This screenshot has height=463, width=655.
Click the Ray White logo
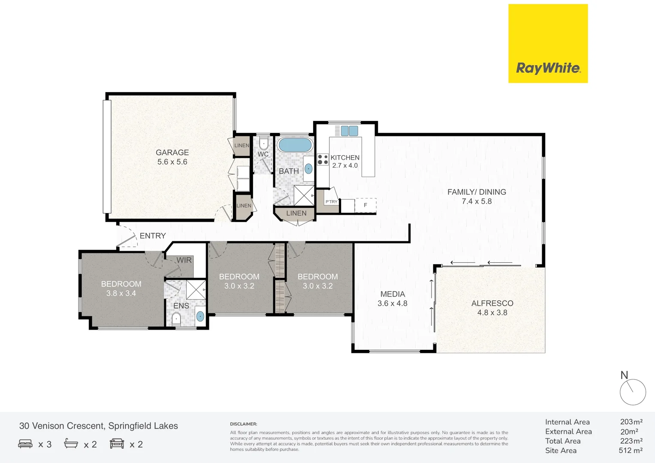click(x=548, y=68)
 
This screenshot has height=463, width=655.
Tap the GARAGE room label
click(x=172, y=153)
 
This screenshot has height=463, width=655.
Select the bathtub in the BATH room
click(x=295, y=145)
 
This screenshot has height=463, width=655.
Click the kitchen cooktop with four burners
click(x=323, y=159)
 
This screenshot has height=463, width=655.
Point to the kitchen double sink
click(x=350, y=131)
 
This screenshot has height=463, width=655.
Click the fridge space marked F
click(x=365, y=205)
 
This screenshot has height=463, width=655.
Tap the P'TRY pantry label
click(x=331, y=201)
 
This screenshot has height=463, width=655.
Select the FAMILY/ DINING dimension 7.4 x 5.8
click(x=477, y=201)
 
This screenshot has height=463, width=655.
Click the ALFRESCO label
click(x=492, y=303)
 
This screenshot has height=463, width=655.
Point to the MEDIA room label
click(x=392, y=294)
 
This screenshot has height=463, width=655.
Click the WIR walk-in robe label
click(x=184, y=260)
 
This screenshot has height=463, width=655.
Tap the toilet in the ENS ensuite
click(x=176, y=319)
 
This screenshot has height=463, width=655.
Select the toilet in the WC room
click(x=263, y=144)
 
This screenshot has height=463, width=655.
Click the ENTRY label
click(x=152, y=236)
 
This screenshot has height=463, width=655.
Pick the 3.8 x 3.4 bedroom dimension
click(x=121, y=294)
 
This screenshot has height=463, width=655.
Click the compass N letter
click(x=624, y=375)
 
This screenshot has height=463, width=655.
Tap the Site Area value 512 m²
click(x=630, y=451)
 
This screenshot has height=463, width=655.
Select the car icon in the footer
click(x=117, y=444)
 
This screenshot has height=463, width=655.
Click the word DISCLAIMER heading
click(x=243, y=424)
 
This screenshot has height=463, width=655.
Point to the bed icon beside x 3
click(x=25, y=444)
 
